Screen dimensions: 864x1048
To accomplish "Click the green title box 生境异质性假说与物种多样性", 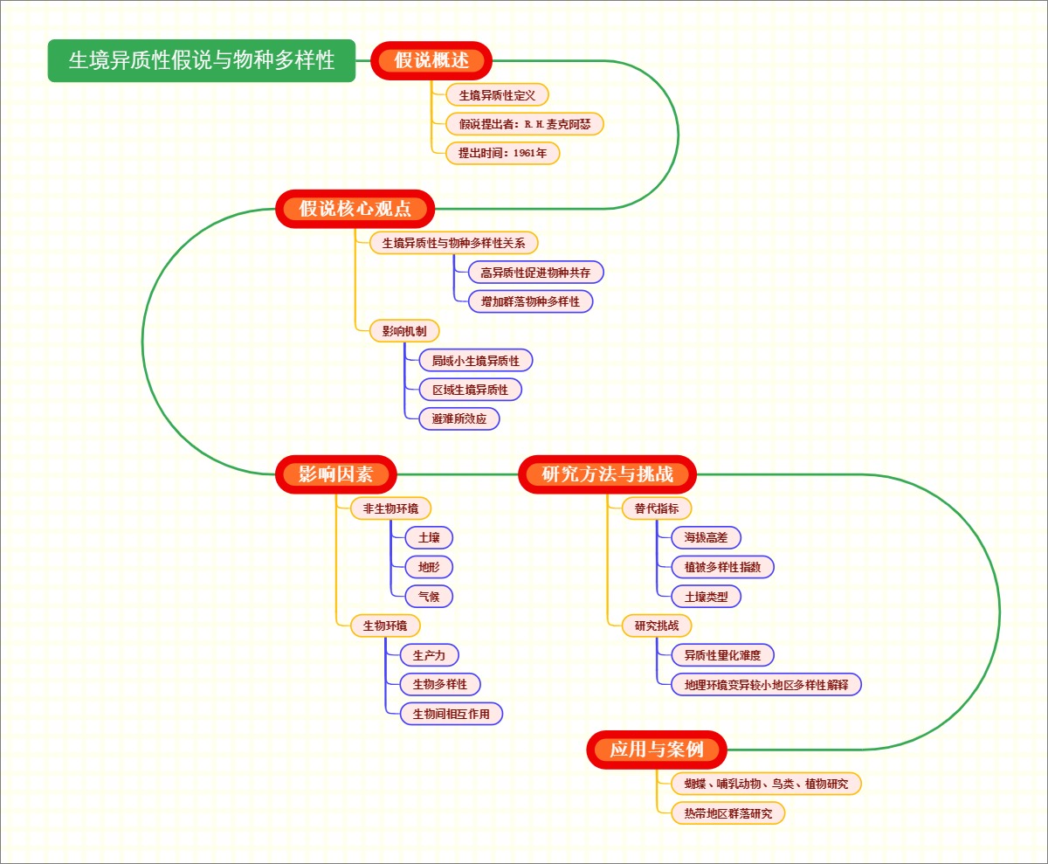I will point(202,60).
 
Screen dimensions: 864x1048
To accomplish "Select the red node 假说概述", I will point(431,60).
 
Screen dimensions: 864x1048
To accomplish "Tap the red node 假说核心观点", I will point(355,209).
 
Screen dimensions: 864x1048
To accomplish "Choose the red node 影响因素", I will point(336,474).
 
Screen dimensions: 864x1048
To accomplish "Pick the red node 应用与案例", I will point(657,750).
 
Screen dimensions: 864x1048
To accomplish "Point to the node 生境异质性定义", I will point(497,95).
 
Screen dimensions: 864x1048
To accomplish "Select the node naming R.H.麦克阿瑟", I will point(525,124).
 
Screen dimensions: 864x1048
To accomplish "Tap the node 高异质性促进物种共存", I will point(535,273).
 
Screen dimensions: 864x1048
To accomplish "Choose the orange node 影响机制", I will point(398,331).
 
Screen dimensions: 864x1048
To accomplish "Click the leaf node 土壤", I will point(429,538).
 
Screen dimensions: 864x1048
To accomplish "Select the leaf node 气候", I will point(429,597).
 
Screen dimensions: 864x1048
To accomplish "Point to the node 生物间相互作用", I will point(452,714).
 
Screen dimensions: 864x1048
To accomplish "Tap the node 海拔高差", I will point(706,538).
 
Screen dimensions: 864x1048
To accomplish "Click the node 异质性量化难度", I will point(722,655).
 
